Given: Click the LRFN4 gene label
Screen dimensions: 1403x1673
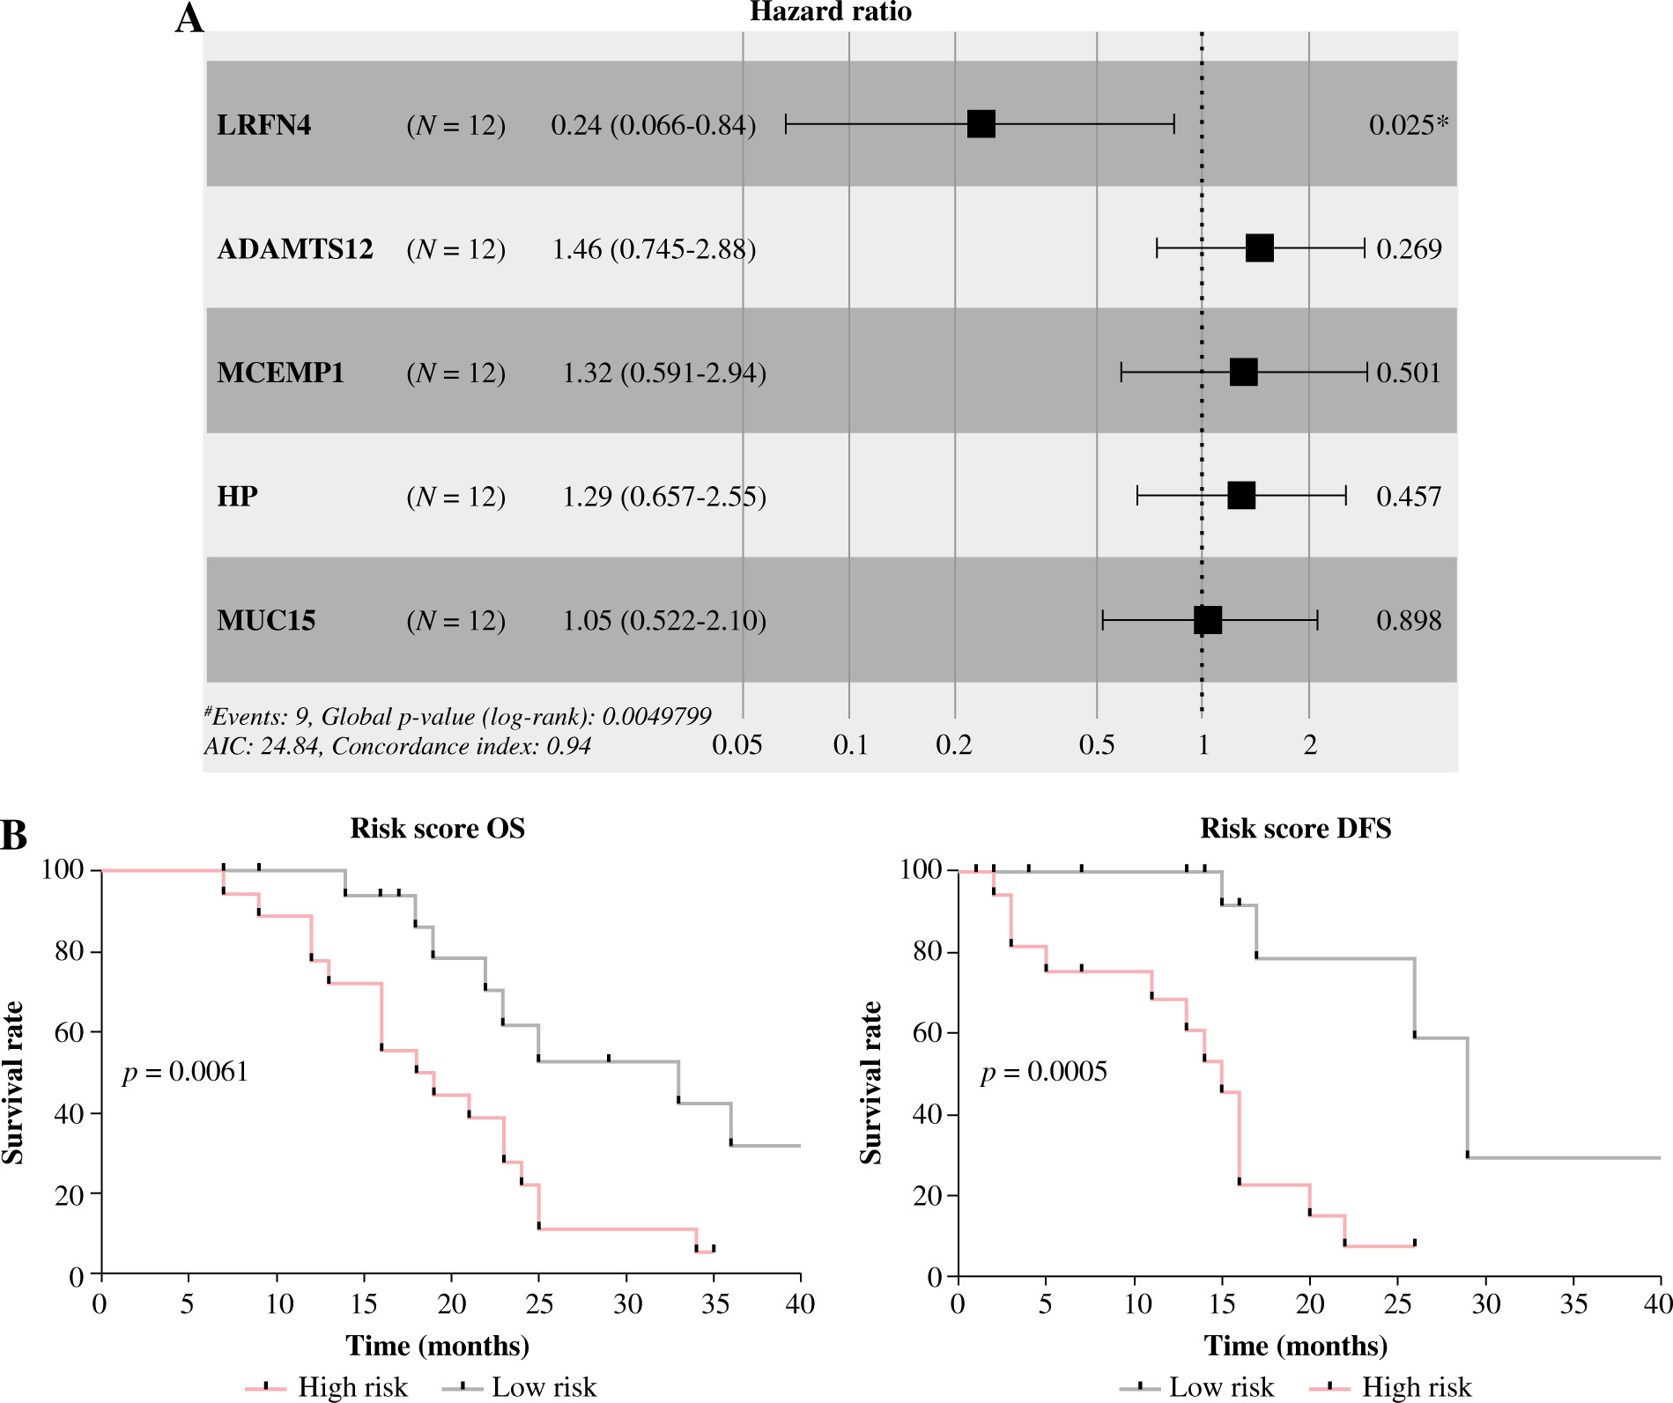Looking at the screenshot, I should coord(263,125).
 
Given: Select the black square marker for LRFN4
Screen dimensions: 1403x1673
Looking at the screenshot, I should coord(981,124).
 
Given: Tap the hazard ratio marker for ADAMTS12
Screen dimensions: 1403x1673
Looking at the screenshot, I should coord(1259,248).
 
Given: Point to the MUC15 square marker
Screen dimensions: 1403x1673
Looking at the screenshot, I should coord(1207,620).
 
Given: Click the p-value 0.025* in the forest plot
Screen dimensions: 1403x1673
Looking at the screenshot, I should coord(1408,125).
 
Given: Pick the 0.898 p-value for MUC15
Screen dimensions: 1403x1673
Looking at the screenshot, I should coord(1409,621).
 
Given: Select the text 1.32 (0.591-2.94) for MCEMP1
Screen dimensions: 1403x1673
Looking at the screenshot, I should coord(664,373).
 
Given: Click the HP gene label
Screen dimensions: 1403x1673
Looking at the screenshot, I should coord(237,497).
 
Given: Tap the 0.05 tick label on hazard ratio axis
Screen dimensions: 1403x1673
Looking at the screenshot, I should coord(737,745).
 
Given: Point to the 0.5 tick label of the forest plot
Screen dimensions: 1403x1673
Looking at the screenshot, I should coord(1096,745).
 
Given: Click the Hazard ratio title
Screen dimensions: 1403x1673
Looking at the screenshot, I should coord(830,12).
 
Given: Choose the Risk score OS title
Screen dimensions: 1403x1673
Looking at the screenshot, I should coord(437,829).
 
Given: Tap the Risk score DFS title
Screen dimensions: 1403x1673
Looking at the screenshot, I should coord(1295,829).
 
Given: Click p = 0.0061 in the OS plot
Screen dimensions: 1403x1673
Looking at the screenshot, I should coord(186,1072).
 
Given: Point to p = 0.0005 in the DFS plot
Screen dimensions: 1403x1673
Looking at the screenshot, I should coord(1044,1072).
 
